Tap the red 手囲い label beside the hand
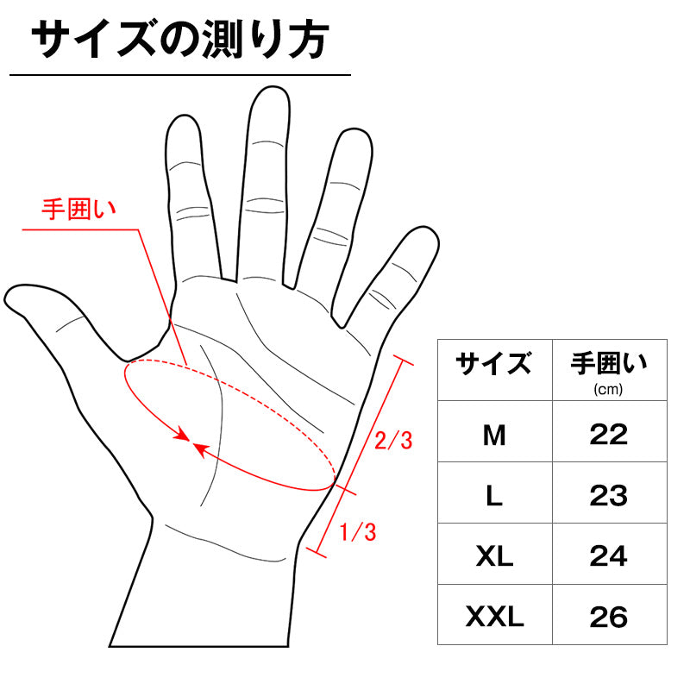click(x=79, y=209)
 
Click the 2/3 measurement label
click(x=393, y=441)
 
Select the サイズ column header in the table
click(x=493, y=365)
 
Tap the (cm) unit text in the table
click(x=609, y=389)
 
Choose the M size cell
click(x=493, y=435)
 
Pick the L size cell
click(x=493, y=496)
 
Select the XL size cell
click(x=493, y=556)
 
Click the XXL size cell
click(x=493, y=618)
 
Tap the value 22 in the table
click(x=609, y=435)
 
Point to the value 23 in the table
click(x=609, y=496)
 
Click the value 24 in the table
click(x=609, y=556)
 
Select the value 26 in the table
click(x=609, y=618)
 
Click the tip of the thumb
click(x=12, y=298)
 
